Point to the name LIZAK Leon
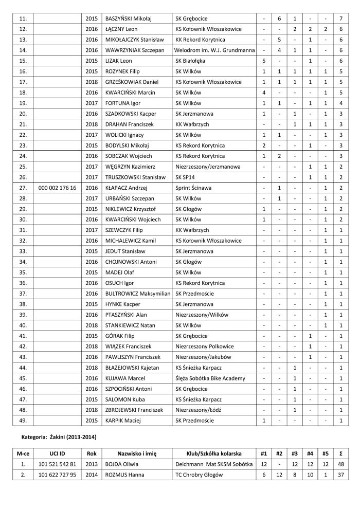click(x=119, y=61)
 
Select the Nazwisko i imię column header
click(x=136, y=454)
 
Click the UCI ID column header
click(x=58, y=454)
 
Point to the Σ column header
click(x=341, y=454)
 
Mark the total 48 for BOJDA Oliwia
click(x=341, y=465)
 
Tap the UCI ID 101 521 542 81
click(x=58, y=465)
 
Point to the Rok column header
click(x=92, y=454)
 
